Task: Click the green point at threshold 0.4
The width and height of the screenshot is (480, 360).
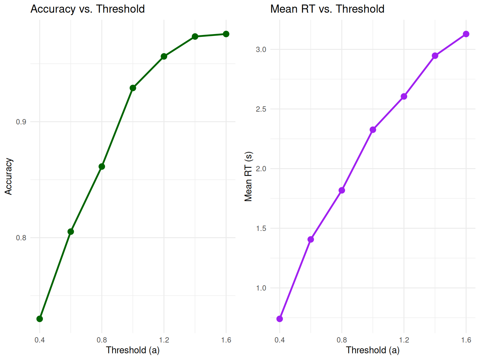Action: (40, 319)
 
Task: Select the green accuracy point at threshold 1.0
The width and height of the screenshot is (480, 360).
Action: (133, 88)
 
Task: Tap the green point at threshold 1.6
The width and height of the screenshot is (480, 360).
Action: (226, 34)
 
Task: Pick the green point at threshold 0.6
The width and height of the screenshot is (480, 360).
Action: (71, 232)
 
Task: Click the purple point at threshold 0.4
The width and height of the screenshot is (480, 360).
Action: (280, 319)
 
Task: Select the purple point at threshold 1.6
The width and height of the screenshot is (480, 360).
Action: (466, 34)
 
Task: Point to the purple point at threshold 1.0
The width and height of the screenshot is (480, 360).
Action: (373, 130)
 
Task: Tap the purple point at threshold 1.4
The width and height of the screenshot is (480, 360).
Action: (435, 56)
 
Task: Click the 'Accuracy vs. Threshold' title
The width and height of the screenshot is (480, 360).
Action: (87, 9)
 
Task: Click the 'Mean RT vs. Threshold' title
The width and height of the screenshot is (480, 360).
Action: (327, 9)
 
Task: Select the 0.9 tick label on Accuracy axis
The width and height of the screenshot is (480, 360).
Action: (21, 122)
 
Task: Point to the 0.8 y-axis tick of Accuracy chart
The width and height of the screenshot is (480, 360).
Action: (21, 238)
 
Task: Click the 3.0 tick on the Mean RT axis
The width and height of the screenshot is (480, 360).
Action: (261, 49)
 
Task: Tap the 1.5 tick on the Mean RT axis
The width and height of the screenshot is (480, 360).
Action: (261, 228)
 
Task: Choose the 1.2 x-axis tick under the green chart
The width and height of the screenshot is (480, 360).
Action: (164, 340)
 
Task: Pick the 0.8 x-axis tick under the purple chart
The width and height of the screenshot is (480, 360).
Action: (342, 340)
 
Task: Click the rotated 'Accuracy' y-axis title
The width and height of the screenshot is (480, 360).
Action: (8, 177)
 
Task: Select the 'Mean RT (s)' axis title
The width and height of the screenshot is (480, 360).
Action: (248, 177)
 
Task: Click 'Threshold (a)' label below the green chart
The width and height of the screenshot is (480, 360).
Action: (133, 350)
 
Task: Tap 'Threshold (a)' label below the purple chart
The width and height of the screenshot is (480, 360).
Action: (373, 350)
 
